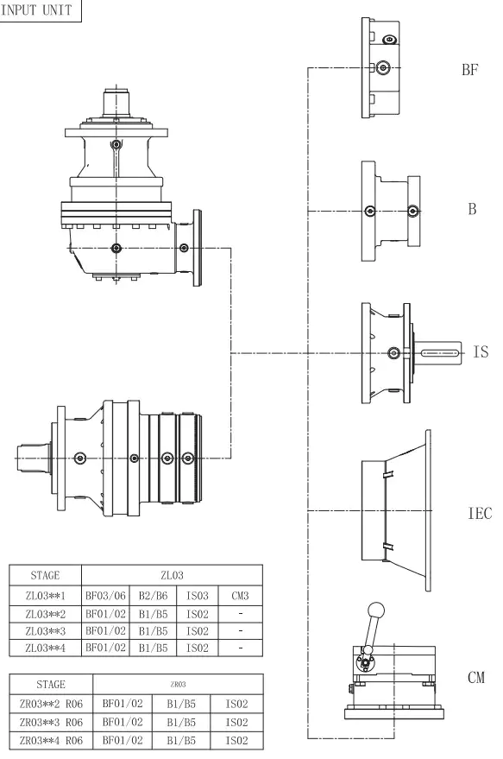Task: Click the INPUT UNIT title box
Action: pyautogui.click(x=41, y=10)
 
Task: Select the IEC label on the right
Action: pyautogui.click(x=479, y=513)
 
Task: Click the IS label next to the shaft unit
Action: pyautogui.click(x=481, y=352)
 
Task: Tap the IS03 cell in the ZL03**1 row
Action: pyautogui.click(x=194, y=596)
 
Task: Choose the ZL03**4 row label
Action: pyautogui.click(x=45, y=645)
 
